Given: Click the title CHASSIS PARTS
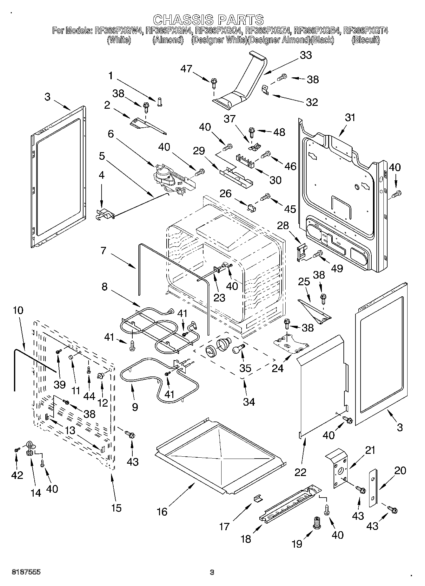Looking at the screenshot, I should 208,20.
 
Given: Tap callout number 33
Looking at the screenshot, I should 306,55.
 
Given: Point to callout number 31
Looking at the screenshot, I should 350,118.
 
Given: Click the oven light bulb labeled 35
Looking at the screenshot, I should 237,349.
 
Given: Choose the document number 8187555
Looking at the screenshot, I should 26,572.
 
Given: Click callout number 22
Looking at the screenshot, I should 300,472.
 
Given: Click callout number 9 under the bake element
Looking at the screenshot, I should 135,407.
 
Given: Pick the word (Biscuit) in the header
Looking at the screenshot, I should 366,40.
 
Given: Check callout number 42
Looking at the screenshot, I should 17,475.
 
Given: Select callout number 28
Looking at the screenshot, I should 283,225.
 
